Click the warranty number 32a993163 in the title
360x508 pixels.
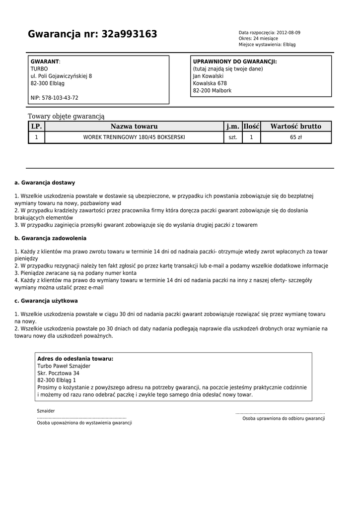pyautogui.click(x=129, y=34)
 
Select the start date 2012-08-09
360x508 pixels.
pyautogui.click(x=288, y=33)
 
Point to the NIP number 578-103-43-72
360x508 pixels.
pyautogui.click(x=54, y=98)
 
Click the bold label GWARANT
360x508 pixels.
pyautogui.click(x=45, y=62)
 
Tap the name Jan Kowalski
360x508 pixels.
pyautogui.click(x=208, y=76)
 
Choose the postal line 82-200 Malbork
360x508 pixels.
pyautogui.click(x=212, y=91)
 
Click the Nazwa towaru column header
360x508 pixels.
pyautogui.click(x=134, y=127)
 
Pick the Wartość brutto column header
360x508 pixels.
pyautogui.click(x=295, y=127)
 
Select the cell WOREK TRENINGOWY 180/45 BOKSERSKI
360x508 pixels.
pyautogui.click(x=134, y=137)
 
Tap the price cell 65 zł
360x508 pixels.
pyautogui.click(x=296, y=137)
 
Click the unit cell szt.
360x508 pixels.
pyautogui.click(x=233, y=137)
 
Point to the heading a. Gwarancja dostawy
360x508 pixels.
pyautogui.click(x=45, y=183)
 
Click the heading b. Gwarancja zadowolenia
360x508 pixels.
pyautogui.click(x=51, y=238)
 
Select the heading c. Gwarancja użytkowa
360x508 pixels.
pyautogui.click(x=46, y=301)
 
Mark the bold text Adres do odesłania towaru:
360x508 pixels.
pyautogui.click(x=75, y=359)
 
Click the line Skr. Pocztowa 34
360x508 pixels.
pyautogui.click(x=58, y=373)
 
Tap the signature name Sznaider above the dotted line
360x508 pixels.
pyautogui.click(x=46, y=411)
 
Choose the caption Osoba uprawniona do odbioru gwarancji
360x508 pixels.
pyautogui.click(x=284, y=419)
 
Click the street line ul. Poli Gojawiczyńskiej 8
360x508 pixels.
pyautogui.click(x=61, y=76)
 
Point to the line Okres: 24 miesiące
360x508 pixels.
pyautogui.click(x=258, y=39)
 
